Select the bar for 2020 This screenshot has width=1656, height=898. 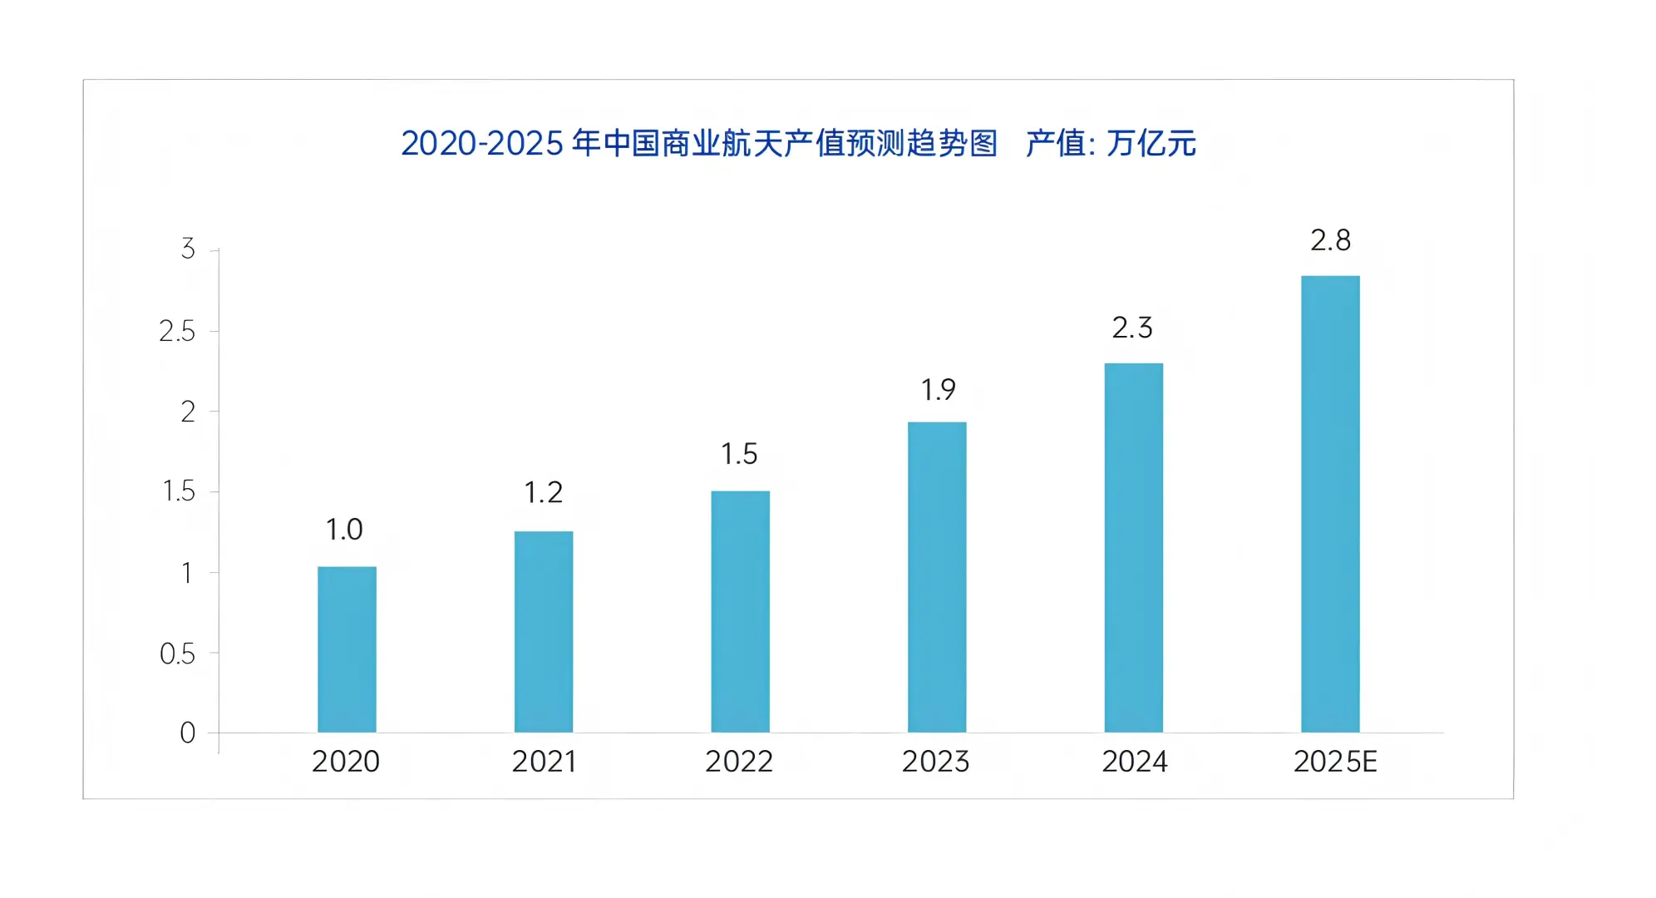[x=347, y=649]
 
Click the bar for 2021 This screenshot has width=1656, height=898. [x=544, y=632]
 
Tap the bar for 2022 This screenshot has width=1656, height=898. [x=740, y=612]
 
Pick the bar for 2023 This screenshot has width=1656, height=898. [x=937, y=577]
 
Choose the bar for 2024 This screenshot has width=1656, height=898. [x=1133, y=548]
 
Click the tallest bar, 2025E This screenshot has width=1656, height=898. [x=1330, y=504]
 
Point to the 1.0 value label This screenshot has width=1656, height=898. [x=344, y=530]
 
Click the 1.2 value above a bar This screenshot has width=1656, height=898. [x=544, y=493]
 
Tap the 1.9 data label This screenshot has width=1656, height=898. [x=938, y=390]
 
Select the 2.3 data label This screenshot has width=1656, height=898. [x=1132, y=328]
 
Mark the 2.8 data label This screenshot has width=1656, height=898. [x=1330, y=241]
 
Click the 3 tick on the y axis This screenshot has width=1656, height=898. [x=188, y=249]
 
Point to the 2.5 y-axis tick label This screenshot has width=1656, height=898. [x=177, y=331]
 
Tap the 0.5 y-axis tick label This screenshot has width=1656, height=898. [x=177, y=654]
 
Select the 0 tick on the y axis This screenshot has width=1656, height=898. [x=188, y=733]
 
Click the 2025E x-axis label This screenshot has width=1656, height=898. [x=1335, y=762]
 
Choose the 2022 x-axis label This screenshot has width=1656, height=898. [x=739, y=762]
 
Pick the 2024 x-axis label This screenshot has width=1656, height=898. [x=1135, y=762]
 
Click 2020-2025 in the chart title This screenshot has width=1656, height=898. [x=482, y=144]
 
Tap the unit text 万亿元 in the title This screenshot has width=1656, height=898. [x=1151, y=144]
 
